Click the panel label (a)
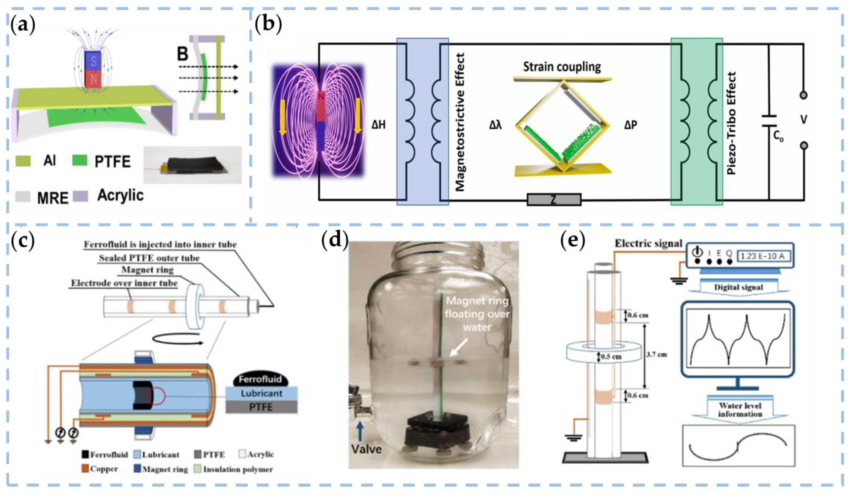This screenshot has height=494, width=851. click(x=23, y=25)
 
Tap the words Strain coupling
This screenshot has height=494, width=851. click(x=562, y=67)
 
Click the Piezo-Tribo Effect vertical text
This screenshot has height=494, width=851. click(x=731, y=123)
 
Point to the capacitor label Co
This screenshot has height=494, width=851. click(x=778, y=136)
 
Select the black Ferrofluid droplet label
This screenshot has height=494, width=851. click(x=260, y=379)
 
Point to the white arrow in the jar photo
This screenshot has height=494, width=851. click(x=459, y=347)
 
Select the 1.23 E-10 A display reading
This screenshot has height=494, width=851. click(x=762, y=256)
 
